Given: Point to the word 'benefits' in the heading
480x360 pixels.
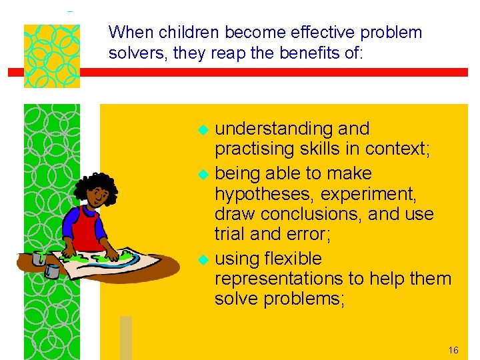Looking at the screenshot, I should [x=302, y=53].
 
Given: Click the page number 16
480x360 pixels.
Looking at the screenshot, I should [x=453, y=350].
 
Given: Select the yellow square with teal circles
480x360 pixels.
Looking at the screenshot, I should [x=51, y=56].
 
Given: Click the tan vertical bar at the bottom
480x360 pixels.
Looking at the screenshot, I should [x=125, y=337].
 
